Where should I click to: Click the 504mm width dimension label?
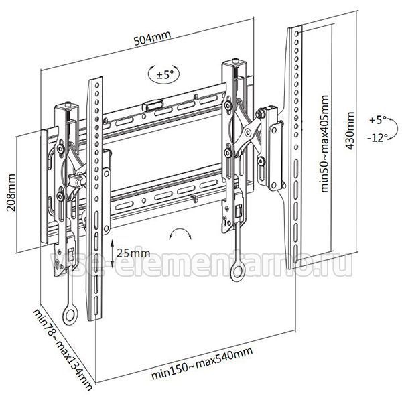tap(152, 38)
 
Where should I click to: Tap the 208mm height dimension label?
tap(11, 192)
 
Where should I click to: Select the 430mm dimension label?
tap(350, 131)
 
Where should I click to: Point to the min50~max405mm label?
tap(324, 143)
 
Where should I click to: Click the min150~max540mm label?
tap(202, 363)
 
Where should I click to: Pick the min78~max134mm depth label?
tap(62, 349)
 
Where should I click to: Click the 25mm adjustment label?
tap(133, 253)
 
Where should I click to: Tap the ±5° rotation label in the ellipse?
tap(165, 75)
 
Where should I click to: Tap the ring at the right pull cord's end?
tap(238, 271)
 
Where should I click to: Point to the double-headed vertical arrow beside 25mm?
tap(113, 253)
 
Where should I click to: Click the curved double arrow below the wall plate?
tap(180, 231)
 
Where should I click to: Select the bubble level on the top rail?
tap(153, 105)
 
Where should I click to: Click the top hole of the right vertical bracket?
tap(297, 33)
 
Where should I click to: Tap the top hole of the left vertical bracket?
tap(97, 85)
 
